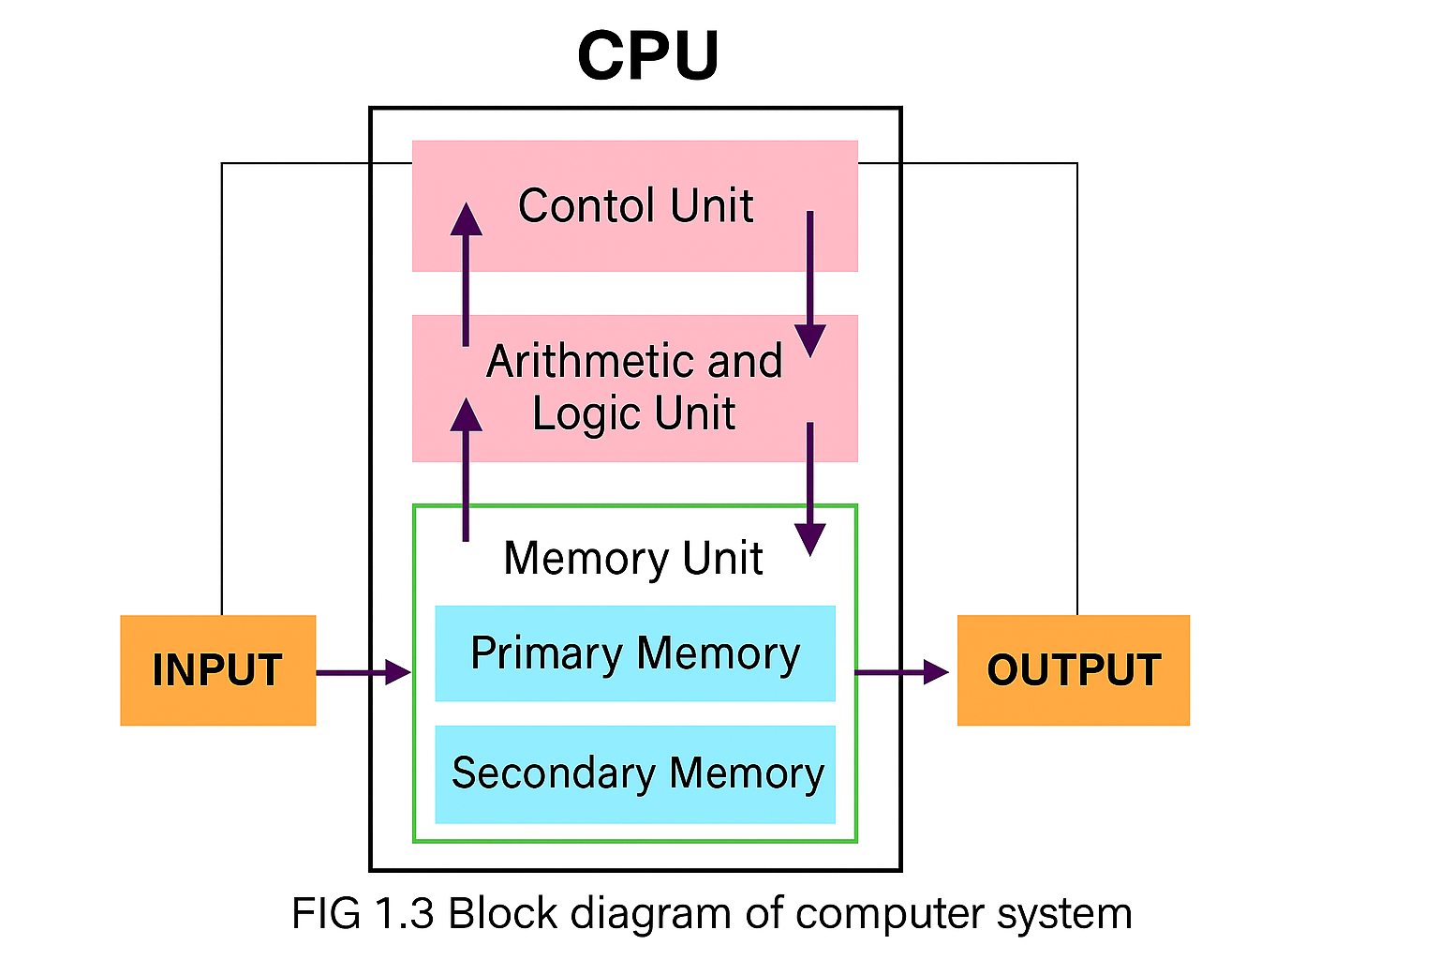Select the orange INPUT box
(x=217, y=670)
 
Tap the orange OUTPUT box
(x=1073, y=670)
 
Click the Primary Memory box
(x=634, y=653)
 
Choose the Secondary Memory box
(x=634, y=774)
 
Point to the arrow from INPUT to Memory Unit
(x=363, y=672)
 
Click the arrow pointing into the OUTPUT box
(x=901, y=672)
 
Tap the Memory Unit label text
(x=632, y=559)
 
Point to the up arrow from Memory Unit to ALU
(x=466, y=469)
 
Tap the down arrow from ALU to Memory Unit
(x=809, y=487)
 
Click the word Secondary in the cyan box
(x=553, y=774)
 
